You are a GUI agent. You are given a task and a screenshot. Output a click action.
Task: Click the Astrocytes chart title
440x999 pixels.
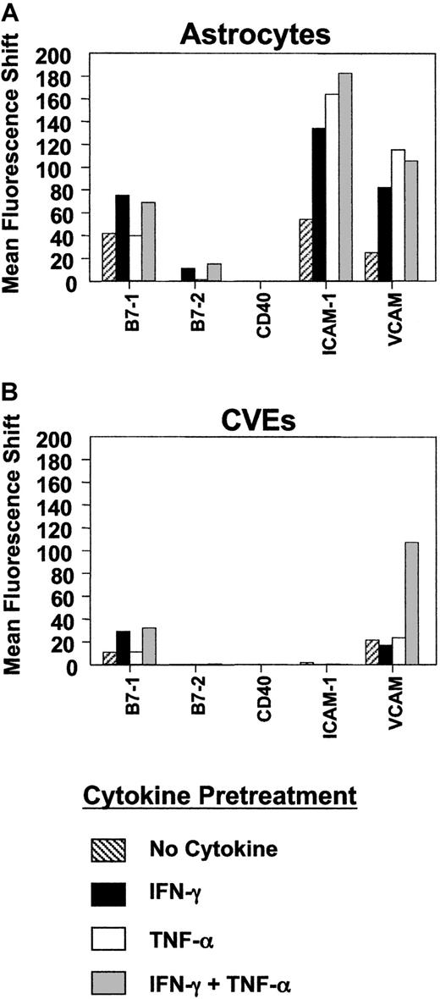266,35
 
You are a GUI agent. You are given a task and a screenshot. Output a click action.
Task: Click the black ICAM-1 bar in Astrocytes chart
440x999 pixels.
318,204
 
